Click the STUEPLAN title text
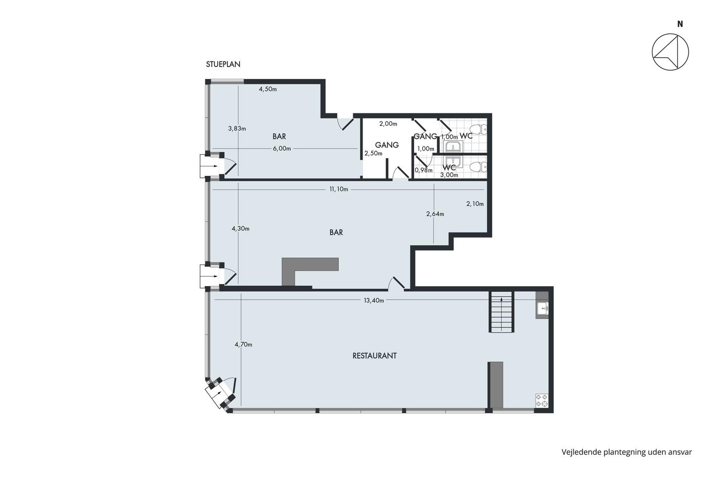pyautogui.click(x=223, y=64)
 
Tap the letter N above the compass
pyautogui.click(x=680, y=24)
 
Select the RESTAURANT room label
pyautogui.click(x=374, y=356)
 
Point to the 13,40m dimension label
pyautogui.click(x=374, y=300)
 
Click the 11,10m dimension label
pyautogui.click(x=339, y=189)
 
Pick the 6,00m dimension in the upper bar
pyautogui.click(x=282, y=148)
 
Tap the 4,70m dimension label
pyautogui.click(x=243, y=344)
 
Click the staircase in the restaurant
pyautogui.click(x=502, y=312)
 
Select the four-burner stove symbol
pyautogui.click(x=542, y=401)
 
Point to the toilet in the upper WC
pyautogui.click(x=480, y=129)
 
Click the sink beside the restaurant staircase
pyautogui.click(x=542, y=309)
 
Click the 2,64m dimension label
pyautogui.click(x=435, y=213)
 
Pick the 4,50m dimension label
pyautogui.click(x=268, y=89)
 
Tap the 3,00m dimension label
pyautogui.click(x=449, y=175)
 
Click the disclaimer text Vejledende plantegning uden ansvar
pyautogui.click(x=627, y=452)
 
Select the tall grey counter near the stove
pyautogui.click(x=495, y=385)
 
